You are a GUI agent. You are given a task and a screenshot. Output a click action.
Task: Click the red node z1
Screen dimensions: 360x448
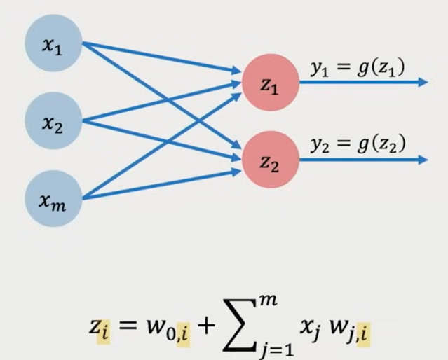tap(270, 83)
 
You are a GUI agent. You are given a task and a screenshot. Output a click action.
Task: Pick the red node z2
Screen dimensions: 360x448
tap(270, 160)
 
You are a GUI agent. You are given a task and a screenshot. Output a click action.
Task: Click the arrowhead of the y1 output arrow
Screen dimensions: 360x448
tap(422, 83)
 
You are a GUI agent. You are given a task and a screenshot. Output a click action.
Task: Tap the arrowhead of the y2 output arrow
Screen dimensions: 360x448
tap(422, 160)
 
